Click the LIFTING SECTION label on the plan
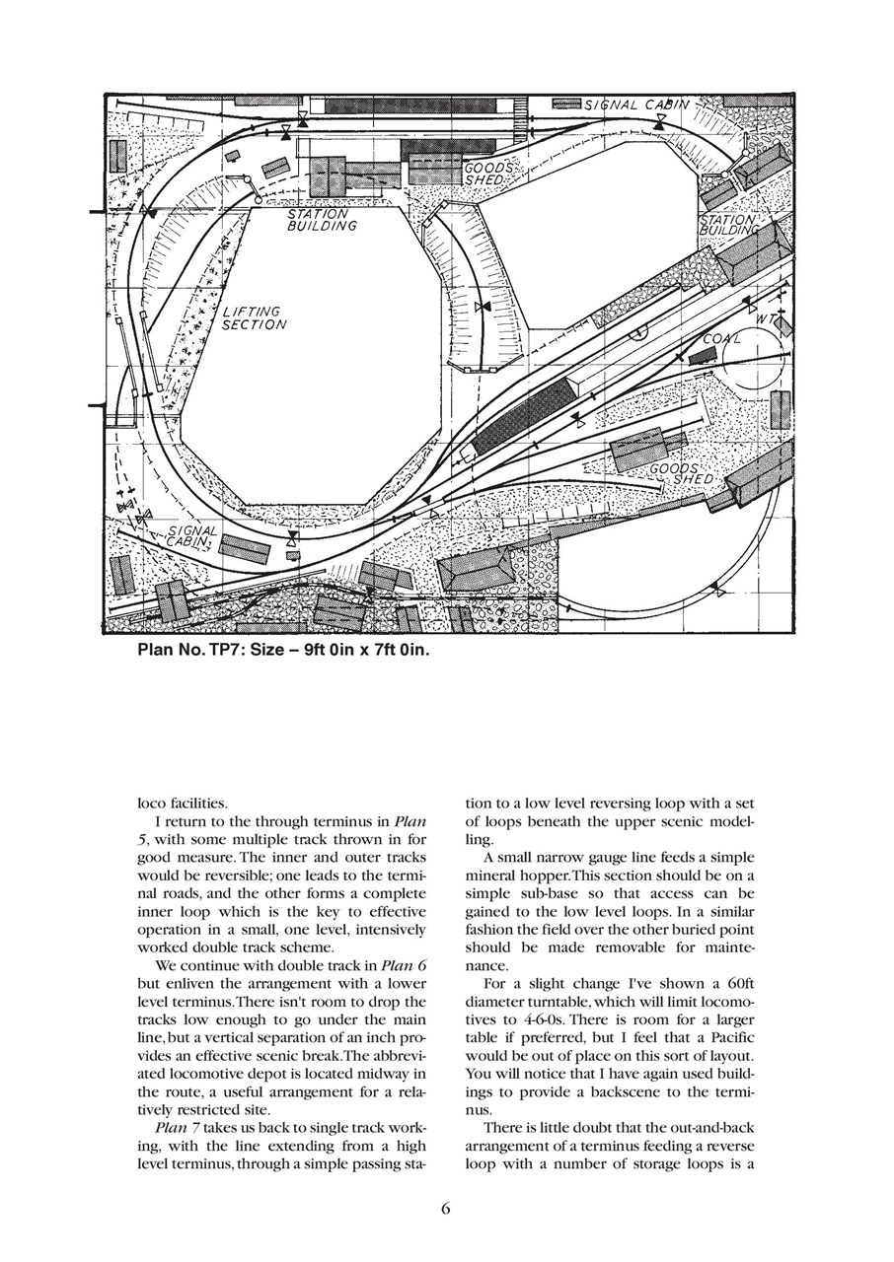tap(255, 318)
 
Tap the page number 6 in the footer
tap(446, 1210)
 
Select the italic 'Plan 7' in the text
tap(178, 1127)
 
